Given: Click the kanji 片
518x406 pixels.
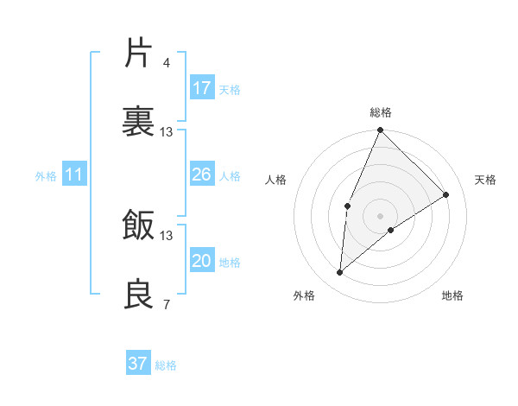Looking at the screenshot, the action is coord(139,54).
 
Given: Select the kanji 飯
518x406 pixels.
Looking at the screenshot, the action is coord(139,226).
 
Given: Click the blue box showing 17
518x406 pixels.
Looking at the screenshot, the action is coord(202,88).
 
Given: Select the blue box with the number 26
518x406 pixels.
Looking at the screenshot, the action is coord(202,175).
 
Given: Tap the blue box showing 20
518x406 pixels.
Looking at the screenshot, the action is coord(202,262).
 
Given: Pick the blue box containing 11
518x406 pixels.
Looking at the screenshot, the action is coord(74,175).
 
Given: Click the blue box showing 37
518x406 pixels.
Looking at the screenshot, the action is coord(138,364).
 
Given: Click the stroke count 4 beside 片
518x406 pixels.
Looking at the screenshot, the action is coord(166,63).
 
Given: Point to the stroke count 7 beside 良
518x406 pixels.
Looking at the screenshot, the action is coord(166,304).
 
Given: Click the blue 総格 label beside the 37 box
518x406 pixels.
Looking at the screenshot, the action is coord(167,365).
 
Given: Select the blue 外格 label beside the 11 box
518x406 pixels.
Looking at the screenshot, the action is coord(46,176).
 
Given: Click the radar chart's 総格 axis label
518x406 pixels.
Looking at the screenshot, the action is coord(381,112).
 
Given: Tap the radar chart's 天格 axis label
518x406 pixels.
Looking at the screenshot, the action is coord(485,180).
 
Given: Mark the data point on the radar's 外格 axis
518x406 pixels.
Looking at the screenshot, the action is coord(340,273).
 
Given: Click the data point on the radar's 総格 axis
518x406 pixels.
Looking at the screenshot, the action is coord(381,130).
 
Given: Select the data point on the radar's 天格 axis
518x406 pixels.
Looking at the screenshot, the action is coord(446,194).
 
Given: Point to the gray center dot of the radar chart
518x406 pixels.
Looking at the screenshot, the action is coord(381,215).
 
